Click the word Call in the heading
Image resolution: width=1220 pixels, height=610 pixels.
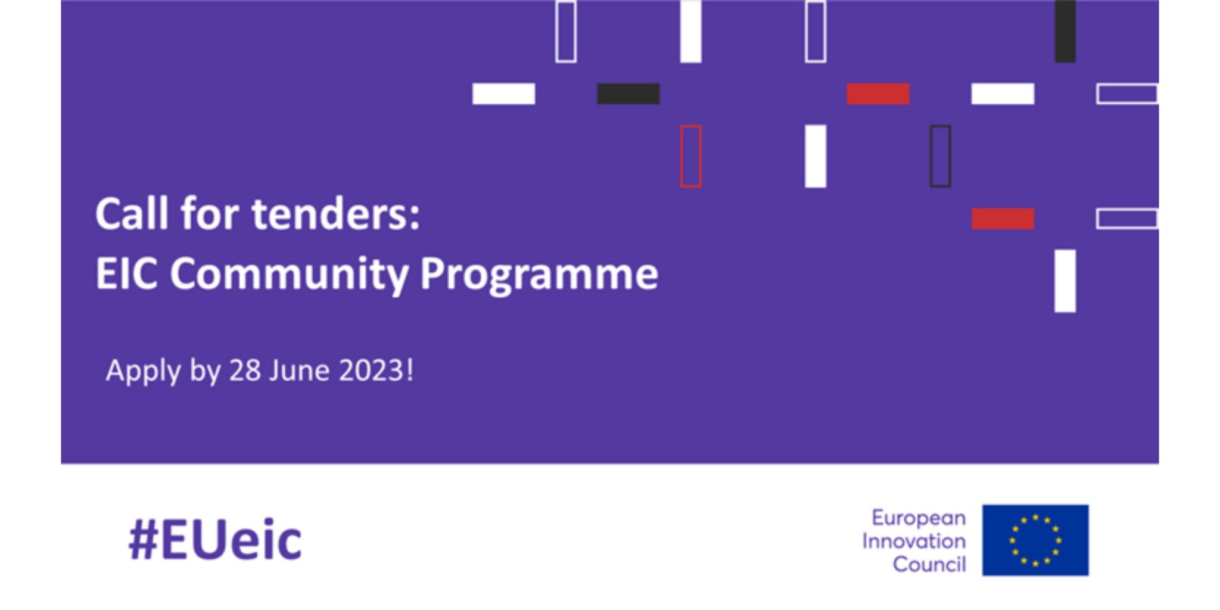[x=132, y=214]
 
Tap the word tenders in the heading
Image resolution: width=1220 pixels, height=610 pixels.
[x=335, y=214]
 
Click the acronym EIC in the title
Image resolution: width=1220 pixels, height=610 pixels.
[x=126, y=274]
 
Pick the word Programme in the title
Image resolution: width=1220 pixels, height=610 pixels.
[x=539, y=275]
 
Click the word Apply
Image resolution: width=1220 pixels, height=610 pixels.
[x=143, y=372]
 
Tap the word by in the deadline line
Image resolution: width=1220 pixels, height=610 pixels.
[x=205, y=372]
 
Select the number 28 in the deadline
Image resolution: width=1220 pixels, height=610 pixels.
[x=245, y=371]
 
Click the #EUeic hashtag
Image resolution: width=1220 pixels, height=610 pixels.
[x=215, y=541]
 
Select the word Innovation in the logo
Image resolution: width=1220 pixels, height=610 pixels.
[x=914, y=541]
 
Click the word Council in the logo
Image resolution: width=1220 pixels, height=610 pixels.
[x=929, y=564]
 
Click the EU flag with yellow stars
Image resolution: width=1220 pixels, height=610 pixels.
[x=1035, y=540]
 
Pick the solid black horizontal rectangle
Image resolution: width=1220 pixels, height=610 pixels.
[x=628, y=94]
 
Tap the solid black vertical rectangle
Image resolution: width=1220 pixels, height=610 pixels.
[x=1065, y=31]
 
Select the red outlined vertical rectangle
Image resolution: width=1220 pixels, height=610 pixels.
[x=691, y=156]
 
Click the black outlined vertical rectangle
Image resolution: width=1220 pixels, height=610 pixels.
[x=941, y=156]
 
